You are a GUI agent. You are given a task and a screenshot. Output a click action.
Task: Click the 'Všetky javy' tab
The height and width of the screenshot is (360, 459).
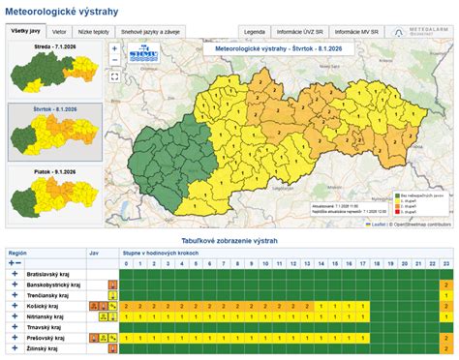point(25,31)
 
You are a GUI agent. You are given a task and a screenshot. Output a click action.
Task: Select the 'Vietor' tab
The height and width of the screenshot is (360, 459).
point(59,31)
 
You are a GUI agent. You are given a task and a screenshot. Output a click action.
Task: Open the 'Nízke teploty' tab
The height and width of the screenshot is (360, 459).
point(93,31)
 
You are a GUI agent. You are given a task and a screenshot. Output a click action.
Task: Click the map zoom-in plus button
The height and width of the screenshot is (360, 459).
point(114,46)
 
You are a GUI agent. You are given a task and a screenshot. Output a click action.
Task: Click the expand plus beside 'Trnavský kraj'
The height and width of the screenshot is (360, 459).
point(15,328)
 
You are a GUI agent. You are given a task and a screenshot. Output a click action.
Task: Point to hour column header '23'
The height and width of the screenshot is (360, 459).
point(444,262)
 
